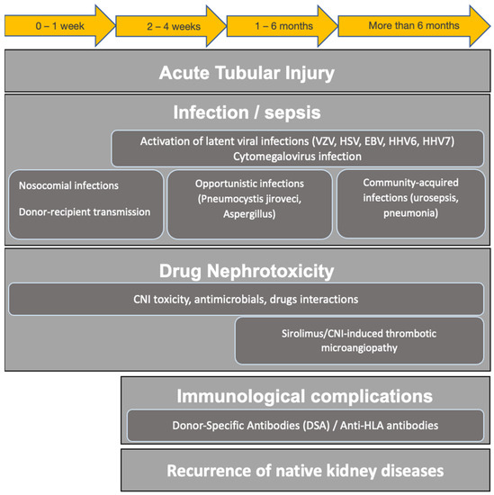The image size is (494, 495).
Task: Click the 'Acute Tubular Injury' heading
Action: [x=247, y=73]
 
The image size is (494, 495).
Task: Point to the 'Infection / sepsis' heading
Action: [x=247, y=115]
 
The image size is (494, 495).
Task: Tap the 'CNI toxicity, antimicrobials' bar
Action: [x=247, y=300]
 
